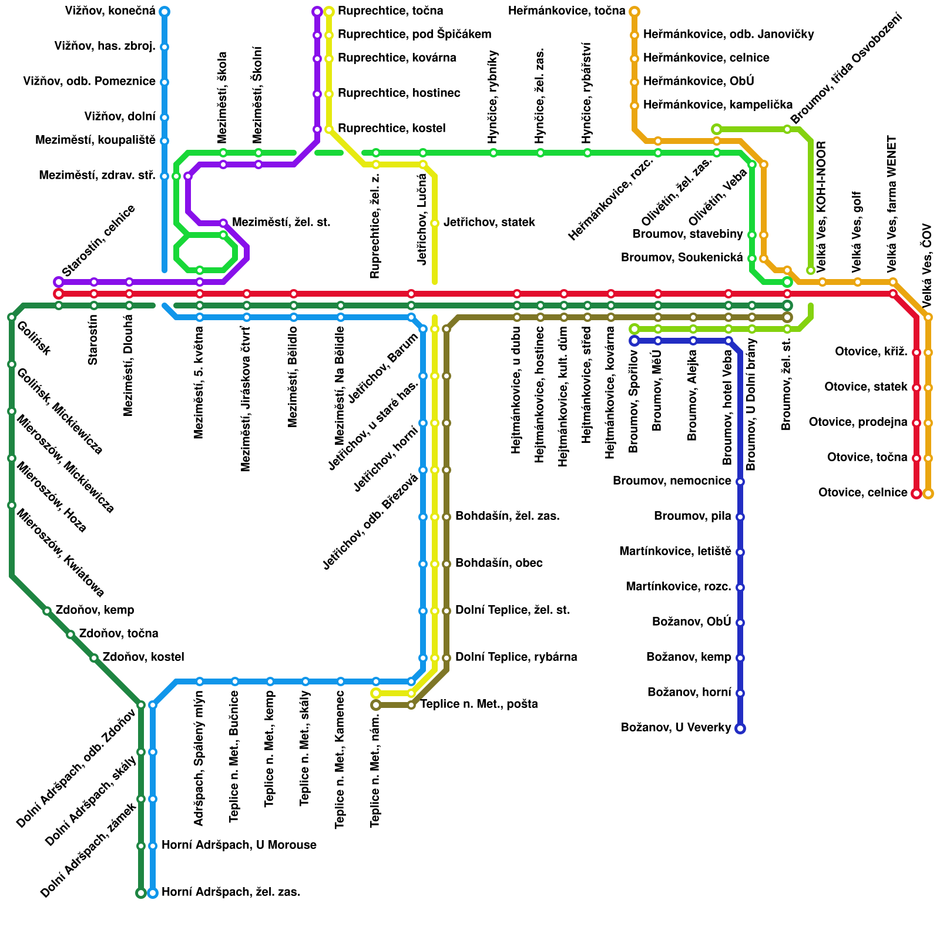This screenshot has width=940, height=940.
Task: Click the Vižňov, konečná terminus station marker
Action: (164, 12)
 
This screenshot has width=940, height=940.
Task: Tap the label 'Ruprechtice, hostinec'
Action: (399, 93)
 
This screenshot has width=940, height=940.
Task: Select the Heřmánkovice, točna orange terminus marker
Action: (634, 12)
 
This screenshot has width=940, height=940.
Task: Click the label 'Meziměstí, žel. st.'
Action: (281, 223)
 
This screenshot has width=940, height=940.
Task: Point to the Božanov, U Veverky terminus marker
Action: (740, 728)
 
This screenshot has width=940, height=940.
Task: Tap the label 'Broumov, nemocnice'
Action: (672, 481)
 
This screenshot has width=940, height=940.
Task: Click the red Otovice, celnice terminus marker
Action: (916, 493)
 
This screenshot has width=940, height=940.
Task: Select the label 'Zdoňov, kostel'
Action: (143, 657)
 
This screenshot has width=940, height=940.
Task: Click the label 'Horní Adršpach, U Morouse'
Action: (239, 845)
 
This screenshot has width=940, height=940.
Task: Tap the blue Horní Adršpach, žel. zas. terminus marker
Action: (153, 893)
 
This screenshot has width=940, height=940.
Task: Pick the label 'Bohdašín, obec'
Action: (499, 563)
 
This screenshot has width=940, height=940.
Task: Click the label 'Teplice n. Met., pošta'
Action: (479, 704)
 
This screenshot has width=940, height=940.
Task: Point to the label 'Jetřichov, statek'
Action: (489, 223)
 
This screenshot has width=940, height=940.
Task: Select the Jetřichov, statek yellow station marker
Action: (435, 223)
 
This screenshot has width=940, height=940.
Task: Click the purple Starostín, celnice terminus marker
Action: (59, 282)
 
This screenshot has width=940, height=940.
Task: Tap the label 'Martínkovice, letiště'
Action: (675, 552)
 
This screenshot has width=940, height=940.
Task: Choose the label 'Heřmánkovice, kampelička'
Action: (718, 105)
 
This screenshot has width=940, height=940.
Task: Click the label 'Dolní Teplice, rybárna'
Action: (516, 657)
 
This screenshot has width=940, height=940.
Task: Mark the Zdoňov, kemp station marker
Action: (47, 611)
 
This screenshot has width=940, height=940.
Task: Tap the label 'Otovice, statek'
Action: (865, 387)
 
